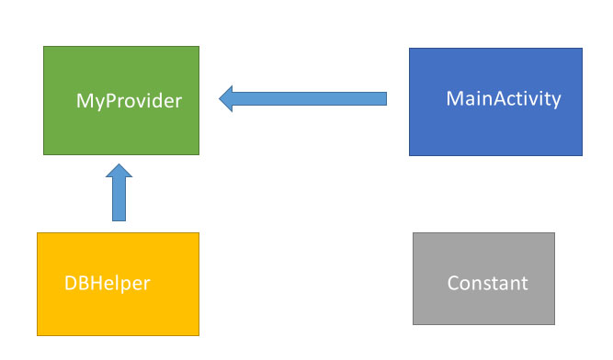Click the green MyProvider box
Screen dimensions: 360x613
click(x=120, y=129)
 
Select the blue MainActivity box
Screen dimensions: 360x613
click(x=495, y=129)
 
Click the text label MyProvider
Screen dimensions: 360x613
click(x=129, y=100)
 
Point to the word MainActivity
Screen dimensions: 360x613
click(x=503, y=98)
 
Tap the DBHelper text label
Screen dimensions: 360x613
click(x=107, y=283)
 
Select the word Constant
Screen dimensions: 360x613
click(x=487, y=283)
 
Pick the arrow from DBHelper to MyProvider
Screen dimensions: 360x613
click(x=119, y=197)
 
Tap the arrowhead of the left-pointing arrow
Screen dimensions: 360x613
click(x=228, y=98)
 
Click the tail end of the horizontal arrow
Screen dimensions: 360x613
click(x=384, y=98)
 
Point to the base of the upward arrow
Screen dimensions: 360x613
click(x=119, y=219)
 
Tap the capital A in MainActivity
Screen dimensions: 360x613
click(x=483, y=98)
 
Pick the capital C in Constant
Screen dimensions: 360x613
click(x=454, y=283)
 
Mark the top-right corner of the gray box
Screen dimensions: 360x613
click(x=554, y=233)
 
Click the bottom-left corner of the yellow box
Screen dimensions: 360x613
click(x=38, y=335)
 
